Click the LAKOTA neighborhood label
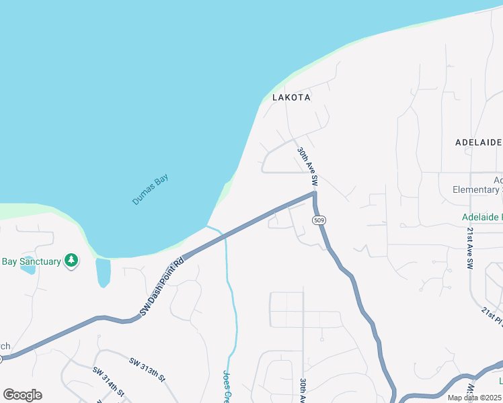291,97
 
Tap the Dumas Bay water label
150,189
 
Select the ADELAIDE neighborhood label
479,142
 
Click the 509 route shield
319,220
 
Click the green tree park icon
71,260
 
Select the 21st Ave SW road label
471,248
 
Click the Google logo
22,395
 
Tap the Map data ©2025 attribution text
474,398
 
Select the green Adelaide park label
481,217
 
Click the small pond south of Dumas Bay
103,272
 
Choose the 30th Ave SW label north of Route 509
307,167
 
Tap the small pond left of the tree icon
28,267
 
